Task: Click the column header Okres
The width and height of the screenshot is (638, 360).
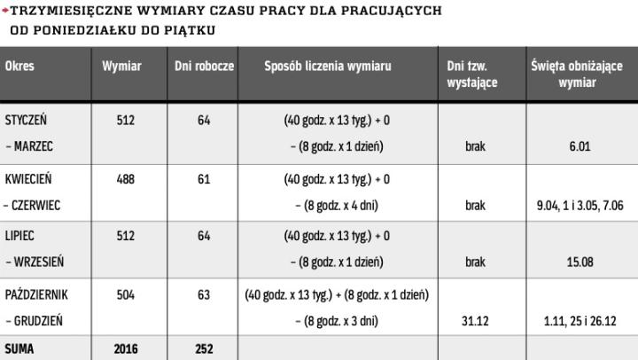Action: pos(19,67)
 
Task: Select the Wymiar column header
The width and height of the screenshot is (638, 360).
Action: pos(121,67)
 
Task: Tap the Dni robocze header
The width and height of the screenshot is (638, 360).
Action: pos(204,67)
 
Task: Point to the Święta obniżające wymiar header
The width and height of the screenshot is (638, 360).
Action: pos(578,74)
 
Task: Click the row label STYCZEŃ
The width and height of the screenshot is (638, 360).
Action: pos(26,121)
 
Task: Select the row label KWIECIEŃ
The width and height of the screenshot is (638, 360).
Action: pos(27,179)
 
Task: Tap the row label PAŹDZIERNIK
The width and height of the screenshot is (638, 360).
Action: pos(35,294)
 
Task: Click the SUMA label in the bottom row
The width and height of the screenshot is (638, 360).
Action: pos(19,349)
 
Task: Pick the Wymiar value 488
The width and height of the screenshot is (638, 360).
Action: pos(126,179)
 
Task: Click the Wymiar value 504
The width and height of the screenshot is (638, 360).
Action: pos(126,294)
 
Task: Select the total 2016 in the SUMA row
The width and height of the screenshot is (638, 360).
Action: pos(126,349)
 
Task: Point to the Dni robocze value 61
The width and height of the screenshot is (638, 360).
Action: pos(204,179)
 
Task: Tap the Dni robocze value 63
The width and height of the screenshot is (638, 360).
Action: pos(204,294)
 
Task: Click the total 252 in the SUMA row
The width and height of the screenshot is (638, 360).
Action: pos(204,349)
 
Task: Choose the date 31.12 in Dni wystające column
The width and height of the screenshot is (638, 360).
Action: pos(475,321)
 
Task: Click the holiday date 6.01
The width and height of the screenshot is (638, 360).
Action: pos(580,147)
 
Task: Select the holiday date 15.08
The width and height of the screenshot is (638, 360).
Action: pos(580,262)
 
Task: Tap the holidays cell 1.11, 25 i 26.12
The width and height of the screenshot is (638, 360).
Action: pos(580,321)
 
